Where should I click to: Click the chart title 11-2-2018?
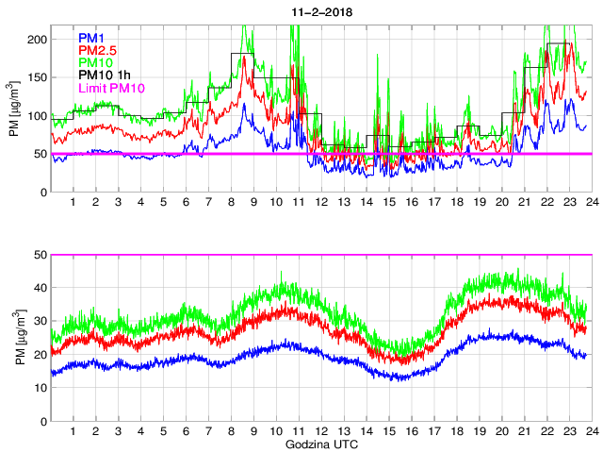tap(320, 8)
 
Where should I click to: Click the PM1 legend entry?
tap(92, 38)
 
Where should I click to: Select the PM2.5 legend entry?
tap(97, 50)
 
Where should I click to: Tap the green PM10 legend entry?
tap(95, 62)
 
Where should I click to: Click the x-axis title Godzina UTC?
tap(320, 444)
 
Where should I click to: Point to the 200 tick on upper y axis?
tap(38, 40)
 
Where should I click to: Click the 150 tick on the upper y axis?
tap(38, 78)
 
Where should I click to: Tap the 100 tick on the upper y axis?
tap(38, 116)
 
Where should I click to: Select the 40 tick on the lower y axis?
tap(41, 288)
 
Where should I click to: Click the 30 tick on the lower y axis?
tap(41, 321)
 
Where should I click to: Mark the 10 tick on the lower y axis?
tap(41, 388)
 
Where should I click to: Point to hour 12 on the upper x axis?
tap(322, 202)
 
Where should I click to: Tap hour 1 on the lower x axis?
tap(73, 430)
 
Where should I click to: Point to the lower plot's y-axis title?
tap(14, 338)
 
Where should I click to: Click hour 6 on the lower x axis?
tap(186, 430)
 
